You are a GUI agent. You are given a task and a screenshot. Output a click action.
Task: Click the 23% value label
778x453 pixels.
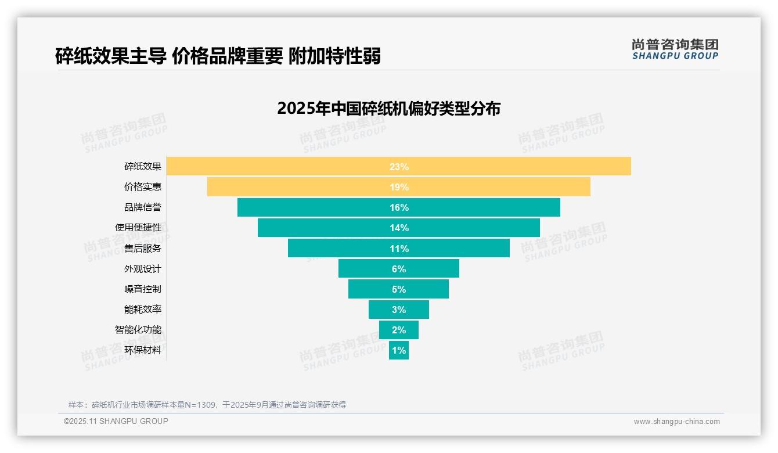pos(399,167)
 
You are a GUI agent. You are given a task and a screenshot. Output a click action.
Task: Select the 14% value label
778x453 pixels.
pos(399,228)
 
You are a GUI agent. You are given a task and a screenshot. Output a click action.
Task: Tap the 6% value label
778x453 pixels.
pos(399,269)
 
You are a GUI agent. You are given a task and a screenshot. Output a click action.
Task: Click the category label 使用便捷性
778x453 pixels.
pos(138,228)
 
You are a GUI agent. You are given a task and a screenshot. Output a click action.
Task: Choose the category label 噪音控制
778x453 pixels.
pos(143,289)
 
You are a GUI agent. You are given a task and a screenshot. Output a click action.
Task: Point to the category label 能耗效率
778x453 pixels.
pos(143,310)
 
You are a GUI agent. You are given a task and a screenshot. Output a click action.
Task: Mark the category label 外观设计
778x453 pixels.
pos(143,269)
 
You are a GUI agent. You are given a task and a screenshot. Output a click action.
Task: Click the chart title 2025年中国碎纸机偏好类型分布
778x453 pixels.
pos(388,109)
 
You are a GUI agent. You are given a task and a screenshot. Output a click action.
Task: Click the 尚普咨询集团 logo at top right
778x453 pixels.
pos(675,49)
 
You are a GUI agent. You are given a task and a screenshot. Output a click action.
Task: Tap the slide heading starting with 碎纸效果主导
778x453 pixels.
pos(218,56)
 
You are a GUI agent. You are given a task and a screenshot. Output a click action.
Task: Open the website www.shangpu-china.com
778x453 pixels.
pos(676,422)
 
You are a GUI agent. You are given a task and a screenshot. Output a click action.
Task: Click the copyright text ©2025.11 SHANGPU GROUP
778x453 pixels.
pos(116,421)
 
